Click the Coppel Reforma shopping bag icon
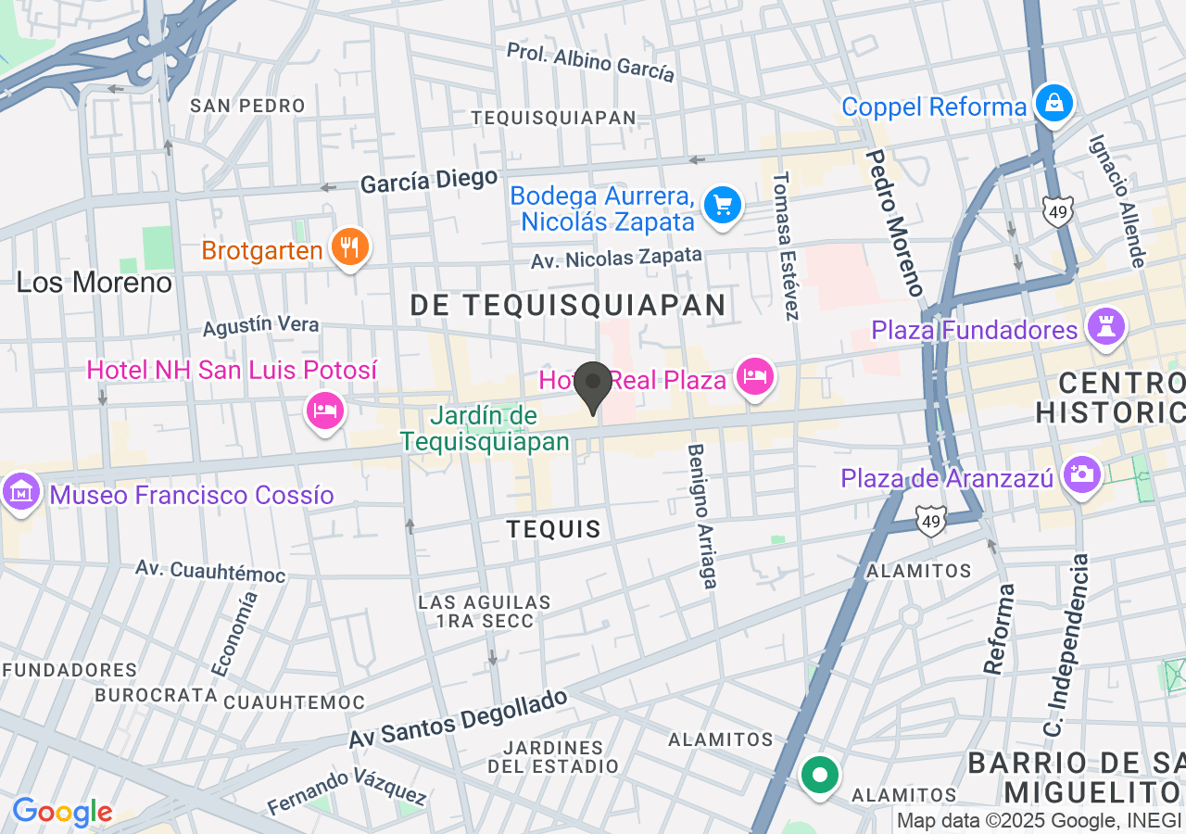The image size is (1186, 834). (1054, 103)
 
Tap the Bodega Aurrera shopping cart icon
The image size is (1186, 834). (723, 206)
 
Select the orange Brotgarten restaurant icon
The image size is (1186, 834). (349, 247)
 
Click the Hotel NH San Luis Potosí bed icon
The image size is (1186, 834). (324, 410)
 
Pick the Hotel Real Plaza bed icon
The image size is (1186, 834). (755, 376)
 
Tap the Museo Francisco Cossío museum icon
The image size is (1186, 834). (19, 491)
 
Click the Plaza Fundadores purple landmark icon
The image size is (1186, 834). (1106, 326)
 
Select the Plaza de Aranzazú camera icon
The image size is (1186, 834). (1081, 474)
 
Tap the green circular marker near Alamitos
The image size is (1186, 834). (820, 776)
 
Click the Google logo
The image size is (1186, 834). (62, 813)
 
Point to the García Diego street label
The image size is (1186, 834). (429, 180)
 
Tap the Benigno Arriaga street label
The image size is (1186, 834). (701, 515)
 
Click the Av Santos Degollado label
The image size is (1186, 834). (458, 719)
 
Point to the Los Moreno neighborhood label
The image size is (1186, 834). (95, 282)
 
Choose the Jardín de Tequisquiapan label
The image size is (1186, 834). (485, 429)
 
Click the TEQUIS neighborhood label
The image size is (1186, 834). (553, 529)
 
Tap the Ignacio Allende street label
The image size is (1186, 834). (1117, 201)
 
